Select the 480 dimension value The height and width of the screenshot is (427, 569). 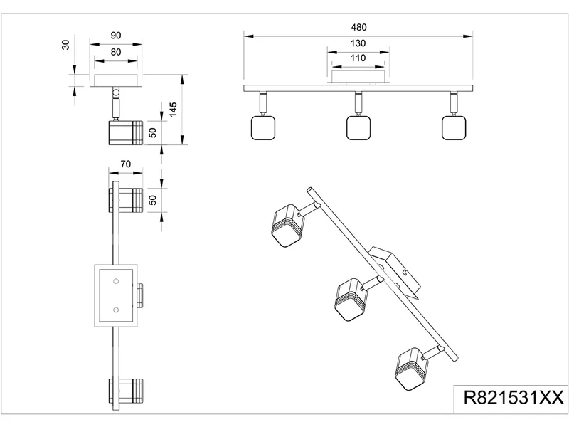[358, 27]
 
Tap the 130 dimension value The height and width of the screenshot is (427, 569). [358, 43]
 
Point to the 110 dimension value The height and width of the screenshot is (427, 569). [358, 58]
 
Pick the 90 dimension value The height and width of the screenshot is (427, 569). [117, 36]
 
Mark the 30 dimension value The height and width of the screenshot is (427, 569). [65, 45]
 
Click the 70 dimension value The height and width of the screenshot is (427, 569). [125, 164]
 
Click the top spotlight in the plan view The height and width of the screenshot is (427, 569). [125, 199]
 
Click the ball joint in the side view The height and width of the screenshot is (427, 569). [115, 93]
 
